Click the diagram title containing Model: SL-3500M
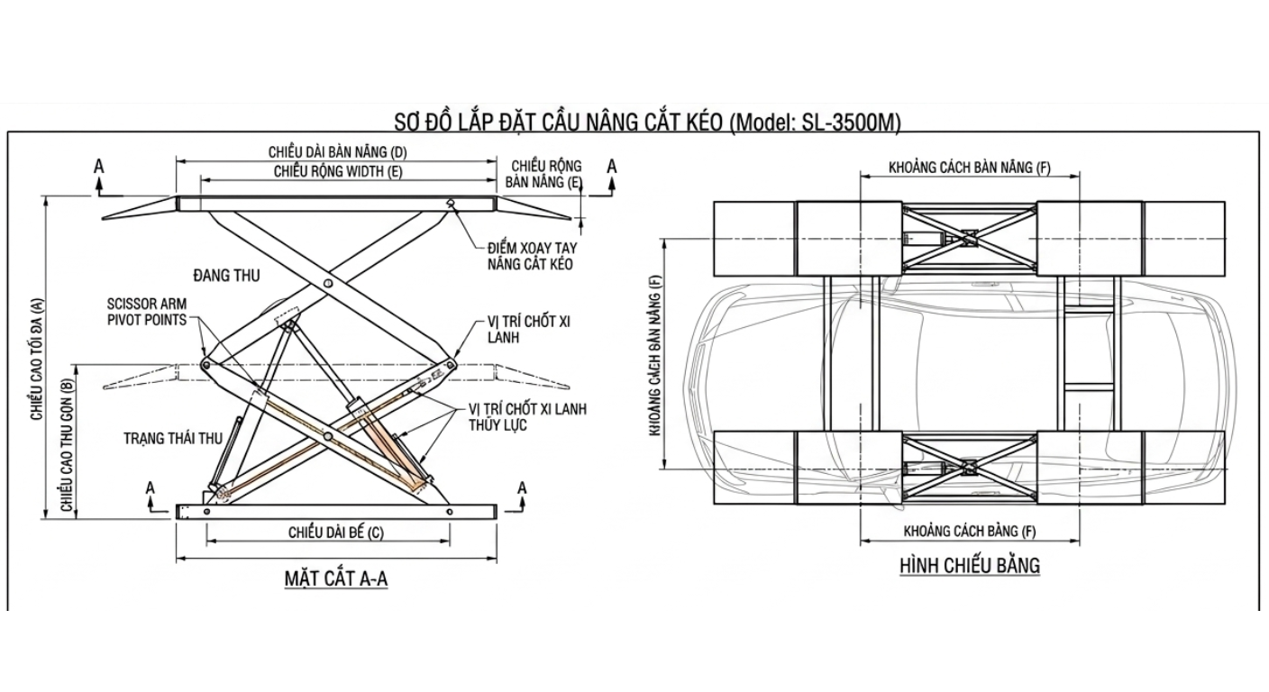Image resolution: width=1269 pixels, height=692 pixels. point(647,122)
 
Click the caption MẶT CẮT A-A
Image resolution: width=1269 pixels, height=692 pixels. point(336,578)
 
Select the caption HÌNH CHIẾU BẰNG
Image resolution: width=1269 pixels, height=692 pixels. point(970,566)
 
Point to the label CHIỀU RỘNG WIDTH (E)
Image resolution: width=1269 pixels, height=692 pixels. point(337,170)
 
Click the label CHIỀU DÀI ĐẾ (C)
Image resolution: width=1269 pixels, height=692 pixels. point(336,532)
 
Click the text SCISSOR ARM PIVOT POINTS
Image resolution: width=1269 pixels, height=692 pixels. point(147,312)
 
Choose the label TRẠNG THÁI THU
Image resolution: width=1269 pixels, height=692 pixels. point(173,439)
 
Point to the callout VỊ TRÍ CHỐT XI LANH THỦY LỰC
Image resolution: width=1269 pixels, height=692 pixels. point(527,416)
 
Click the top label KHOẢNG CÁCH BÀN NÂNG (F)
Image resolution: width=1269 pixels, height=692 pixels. point(970,168)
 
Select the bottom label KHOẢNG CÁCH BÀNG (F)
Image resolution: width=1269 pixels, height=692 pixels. point(970,531)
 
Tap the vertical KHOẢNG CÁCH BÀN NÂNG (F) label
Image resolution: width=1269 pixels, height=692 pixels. point(656,355)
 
